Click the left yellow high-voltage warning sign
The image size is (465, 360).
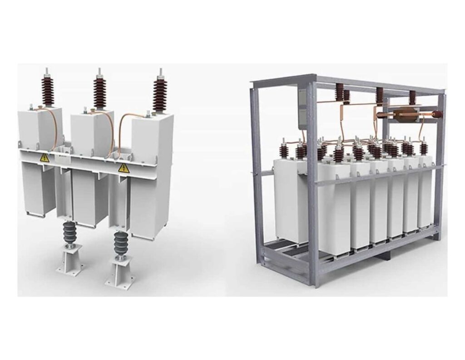[45, 158]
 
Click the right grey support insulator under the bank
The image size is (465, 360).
[121, 242]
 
